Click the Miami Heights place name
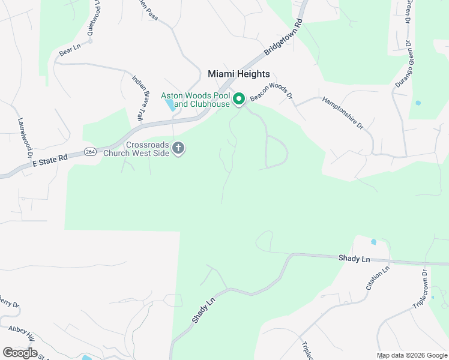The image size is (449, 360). point(238,74)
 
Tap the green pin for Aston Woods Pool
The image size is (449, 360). point(238,99)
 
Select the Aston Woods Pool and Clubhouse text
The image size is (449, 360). point(195,100)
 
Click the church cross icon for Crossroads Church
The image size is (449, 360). point(178,148)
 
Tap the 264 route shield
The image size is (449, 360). point(90,151)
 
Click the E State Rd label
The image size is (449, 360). point(50,158)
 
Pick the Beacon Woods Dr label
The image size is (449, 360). point(271,92)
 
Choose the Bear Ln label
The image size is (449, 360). point(70,50)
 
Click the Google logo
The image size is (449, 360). point(20,352)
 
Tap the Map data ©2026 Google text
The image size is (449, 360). point(412,355)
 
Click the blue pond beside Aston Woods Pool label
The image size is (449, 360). point(170,105)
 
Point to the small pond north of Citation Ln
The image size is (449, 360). point(373,242)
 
